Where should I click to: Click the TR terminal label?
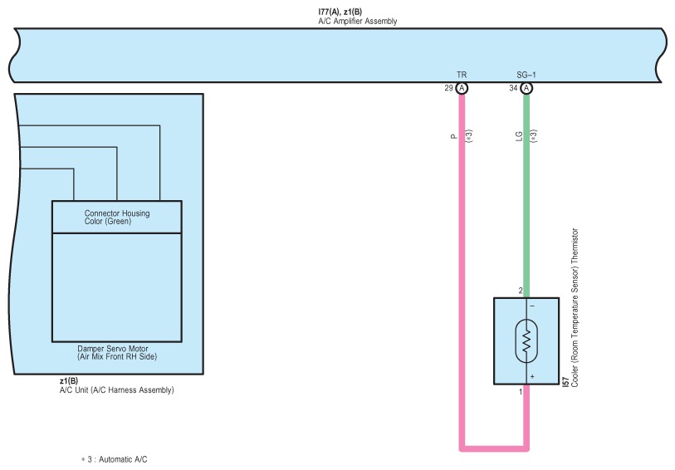(x=462, y=75)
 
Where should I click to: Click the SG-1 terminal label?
(x=526, y=75)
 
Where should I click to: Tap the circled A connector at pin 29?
(x=462, y=88)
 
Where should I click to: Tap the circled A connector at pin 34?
(x=526, y=88)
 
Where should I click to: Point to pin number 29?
(x=448, y=88)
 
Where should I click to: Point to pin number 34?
(x=513, y=88)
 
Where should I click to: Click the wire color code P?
(x=453, y=136)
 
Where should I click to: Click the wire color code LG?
(x=519, y=136)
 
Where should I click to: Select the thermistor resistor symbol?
(x=526, y=340)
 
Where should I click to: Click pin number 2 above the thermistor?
(x=521, y=291)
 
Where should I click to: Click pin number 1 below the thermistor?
(x=521, y=392)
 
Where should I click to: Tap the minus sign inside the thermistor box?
(x=532, y=306)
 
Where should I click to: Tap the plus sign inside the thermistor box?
(x=532, y=377)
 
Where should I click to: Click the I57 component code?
(x=565, y=382)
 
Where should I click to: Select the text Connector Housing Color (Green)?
(x=117, y=218)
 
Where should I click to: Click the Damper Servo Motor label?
(x=113, y=349)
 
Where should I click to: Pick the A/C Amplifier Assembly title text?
(x=358, y=21)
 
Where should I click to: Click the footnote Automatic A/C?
(x=123, y=460)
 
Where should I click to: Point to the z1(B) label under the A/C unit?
(x=69, y=381)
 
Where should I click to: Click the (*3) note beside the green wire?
(x=534, y=136)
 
